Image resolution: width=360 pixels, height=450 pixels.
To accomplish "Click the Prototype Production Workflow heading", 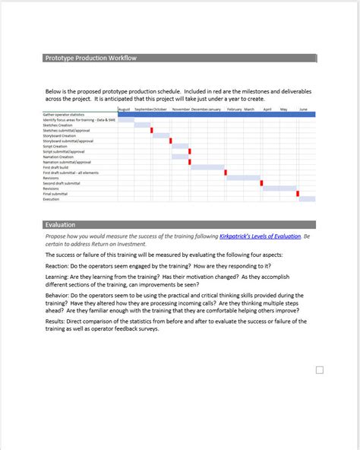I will (90, 59).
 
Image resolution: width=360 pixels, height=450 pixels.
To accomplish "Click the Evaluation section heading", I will (60, 225).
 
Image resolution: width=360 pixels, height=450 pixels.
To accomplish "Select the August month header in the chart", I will (125, 109).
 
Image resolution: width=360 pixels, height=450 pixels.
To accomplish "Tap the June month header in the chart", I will (303, 109).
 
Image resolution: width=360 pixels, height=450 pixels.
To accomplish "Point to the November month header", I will (181, 109).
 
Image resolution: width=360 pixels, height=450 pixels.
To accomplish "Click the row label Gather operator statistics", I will (68, 115).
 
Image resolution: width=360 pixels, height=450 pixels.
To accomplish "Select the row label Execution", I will (51, 199).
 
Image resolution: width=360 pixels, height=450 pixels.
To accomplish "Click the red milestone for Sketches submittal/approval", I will (152, 130).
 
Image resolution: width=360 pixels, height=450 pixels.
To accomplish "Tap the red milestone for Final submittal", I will (298, 194).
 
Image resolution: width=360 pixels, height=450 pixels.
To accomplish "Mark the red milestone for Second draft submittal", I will (261, 183).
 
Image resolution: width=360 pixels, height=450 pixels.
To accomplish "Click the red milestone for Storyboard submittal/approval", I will (170, 141).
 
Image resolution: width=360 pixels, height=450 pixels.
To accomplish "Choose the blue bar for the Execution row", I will (307, 199).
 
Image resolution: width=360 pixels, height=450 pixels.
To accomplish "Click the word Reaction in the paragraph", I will (57, 266).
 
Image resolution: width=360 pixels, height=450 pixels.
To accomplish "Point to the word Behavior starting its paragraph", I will (58, 296).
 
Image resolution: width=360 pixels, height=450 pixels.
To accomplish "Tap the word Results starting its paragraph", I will (56, 322).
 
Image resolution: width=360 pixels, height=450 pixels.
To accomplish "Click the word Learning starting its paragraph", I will (58, 277).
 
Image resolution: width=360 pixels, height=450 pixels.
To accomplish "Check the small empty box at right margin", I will (320, 370).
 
